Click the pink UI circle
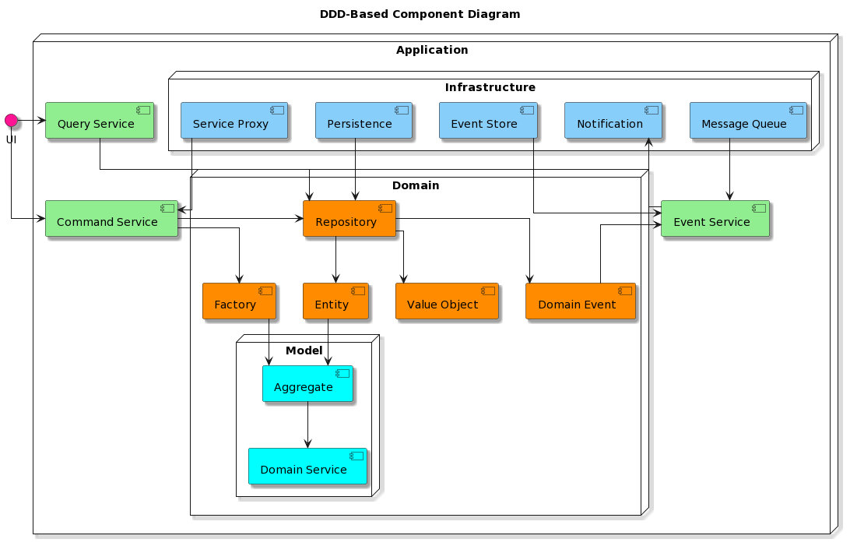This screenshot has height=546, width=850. pyautogui.click(x=11, y=120)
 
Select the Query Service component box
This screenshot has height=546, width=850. pyautogui.click(x=100, y=121)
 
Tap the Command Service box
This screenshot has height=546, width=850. pyautogui.click(x=111, y=219)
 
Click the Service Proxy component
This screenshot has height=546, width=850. pyautogui.click(x=234, y=121)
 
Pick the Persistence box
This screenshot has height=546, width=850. pyautogui.click(x=364, y=121)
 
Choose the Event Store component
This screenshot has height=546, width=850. pyautogui.click(x=488, y=121)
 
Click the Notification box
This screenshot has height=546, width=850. pyautogui.click(x=613, y=121)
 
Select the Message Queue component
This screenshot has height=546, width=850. pyautogui.click(x=748, y=121)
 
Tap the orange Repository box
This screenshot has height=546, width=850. pyautogui.click(x=349, y=219)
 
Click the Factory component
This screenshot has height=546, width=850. pyautogui.click(x=239, y=301)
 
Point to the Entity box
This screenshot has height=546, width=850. pyautogui.click(x=335, y=301)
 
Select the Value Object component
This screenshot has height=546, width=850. pyautogui.click(x=448, y=301)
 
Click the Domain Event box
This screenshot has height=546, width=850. pyautogui.click(x=581, y=301)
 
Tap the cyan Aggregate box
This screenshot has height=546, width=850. pyautogui.click(x=308, y=384)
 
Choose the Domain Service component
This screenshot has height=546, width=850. pyautogui.click(x=308, y=467)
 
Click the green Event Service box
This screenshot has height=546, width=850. pyautogui.click(x=715, y=219)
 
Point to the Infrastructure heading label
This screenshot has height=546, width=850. pyautogui.click(x=490, y=87)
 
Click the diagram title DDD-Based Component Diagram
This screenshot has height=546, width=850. pyautogui.click(x=420, y=14)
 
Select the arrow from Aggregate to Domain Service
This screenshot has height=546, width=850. pyautogui.click(x=308, y=425)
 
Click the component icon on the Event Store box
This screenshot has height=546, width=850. pyautogui.click(x=527, y=110)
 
